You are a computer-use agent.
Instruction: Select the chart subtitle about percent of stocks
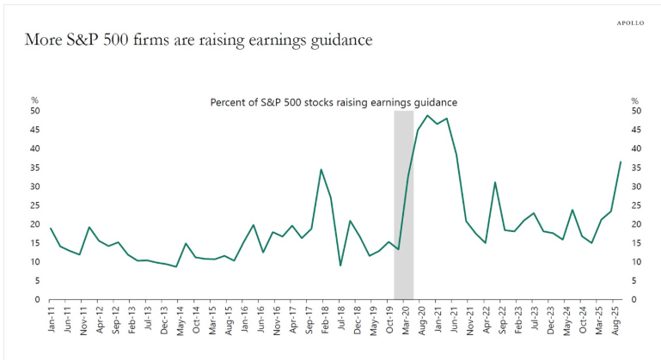coord(334,101)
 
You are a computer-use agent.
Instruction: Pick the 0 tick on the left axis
coord(37,299)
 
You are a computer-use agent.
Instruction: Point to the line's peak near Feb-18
coord(321,169)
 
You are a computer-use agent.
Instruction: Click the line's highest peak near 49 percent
coord(427,115)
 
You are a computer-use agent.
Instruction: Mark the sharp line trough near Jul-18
coord(340,265)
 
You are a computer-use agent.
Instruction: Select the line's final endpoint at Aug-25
coord(621,162)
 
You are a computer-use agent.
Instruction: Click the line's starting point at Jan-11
coord(51,228)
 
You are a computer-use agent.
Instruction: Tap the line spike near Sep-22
coord(495,182)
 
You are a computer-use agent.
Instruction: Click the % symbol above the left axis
coord(34,101)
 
